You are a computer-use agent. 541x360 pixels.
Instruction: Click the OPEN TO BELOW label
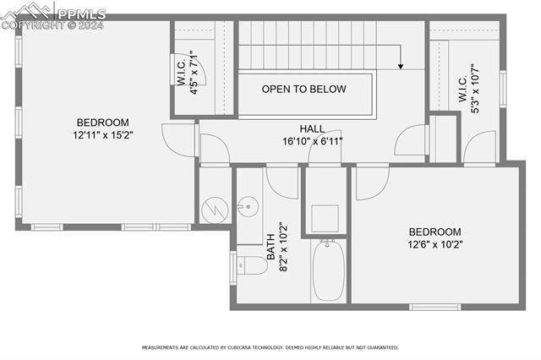click(x=304, y=89)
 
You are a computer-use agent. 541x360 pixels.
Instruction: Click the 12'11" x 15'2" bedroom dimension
click(x=103, y=134)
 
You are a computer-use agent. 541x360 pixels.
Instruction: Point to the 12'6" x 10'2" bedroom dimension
click(x=434, y=243)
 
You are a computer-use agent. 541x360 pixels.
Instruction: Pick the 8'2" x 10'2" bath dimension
click(x=284, y=241)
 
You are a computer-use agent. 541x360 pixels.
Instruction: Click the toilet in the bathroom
click(x=250, y=265)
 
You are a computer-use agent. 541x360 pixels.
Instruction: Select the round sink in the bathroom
click(x=248, y=205)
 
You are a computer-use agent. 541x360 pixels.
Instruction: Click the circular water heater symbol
click(x=215, y=207)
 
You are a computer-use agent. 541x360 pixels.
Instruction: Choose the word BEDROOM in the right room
click(x=434, y=232)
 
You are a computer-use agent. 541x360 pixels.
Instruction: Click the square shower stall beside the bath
click(x=325, y=218)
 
